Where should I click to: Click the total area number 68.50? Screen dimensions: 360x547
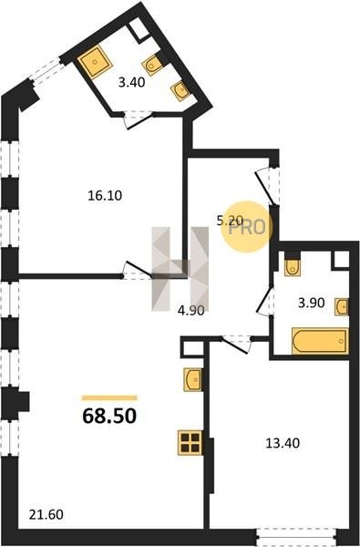tap(109, 416)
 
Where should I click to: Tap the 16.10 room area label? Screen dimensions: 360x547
tap(105, 195)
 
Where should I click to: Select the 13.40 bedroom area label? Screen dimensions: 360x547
tap(283, 443)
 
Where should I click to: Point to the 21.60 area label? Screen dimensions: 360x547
tap(46, 514)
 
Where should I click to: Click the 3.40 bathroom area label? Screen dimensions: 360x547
tap(131, 83)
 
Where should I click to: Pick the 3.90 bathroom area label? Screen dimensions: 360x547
tap(311, 303)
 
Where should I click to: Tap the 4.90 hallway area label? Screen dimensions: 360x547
tap(190, 310)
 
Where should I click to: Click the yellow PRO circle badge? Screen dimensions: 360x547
tap(247, 227)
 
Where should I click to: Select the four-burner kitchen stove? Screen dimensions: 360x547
tap(190, 443)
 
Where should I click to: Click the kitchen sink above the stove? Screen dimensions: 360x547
tap(193, 379)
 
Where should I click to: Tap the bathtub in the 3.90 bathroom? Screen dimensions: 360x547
tap(320, 341)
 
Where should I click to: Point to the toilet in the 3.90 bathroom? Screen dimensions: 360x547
tap(293, 267)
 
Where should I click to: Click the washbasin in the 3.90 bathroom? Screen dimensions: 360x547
tap(342, 307)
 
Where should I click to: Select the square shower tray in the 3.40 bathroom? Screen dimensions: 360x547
tap(95, 62)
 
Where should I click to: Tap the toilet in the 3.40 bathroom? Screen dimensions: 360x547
tap(153, 66)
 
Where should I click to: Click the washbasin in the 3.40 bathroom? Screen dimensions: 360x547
tap(180, 90)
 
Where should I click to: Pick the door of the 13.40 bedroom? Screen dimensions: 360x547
tap(237, 345)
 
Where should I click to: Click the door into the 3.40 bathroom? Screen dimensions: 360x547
tap(139, 119)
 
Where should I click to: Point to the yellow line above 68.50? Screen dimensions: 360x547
tap(109, 397)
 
